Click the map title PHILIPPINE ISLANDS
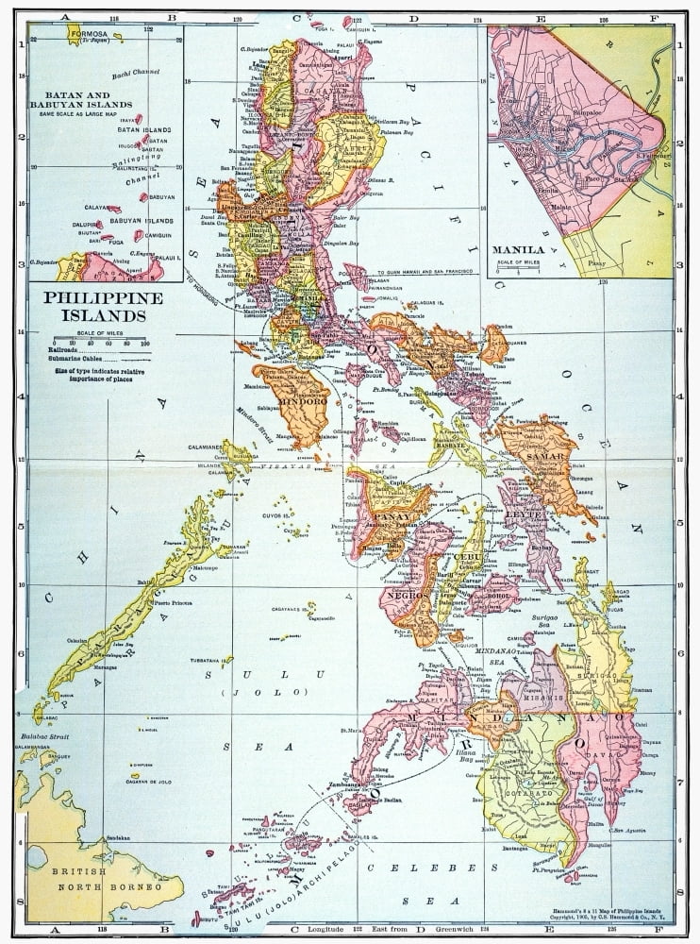coord(93,308)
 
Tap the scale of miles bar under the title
coord(100,337)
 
